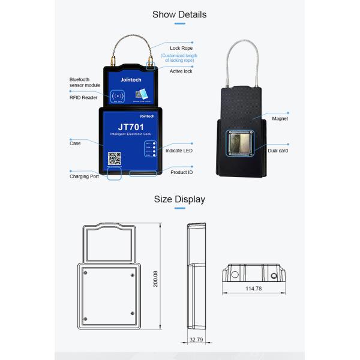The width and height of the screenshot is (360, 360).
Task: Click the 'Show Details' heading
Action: click(179, 14)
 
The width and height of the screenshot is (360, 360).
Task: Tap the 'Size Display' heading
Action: click(179, 199)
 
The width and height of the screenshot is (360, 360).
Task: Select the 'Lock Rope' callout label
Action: click(181, 47)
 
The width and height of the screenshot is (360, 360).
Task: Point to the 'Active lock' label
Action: click(181, 71)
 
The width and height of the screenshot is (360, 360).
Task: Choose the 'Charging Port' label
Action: click(84, 176)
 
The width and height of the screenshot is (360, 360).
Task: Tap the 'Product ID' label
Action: click(181, 172)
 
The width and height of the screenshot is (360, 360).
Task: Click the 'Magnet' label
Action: click(280, 119)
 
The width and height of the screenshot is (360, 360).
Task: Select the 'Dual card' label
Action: click(278, 151)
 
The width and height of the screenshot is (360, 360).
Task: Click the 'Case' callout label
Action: click(75, 143)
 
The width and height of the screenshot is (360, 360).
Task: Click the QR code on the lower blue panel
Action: click(114, 159)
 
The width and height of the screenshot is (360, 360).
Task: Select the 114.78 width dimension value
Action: click(254, 289)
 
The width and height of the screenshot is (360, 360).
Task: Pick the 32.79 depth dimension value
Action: click(196, 340)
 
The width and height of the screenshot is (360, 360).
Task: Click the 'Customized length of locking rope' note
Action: click(179, 59)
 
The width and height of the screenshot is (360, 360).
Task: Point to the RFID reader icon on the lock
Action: click(116, 97)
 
